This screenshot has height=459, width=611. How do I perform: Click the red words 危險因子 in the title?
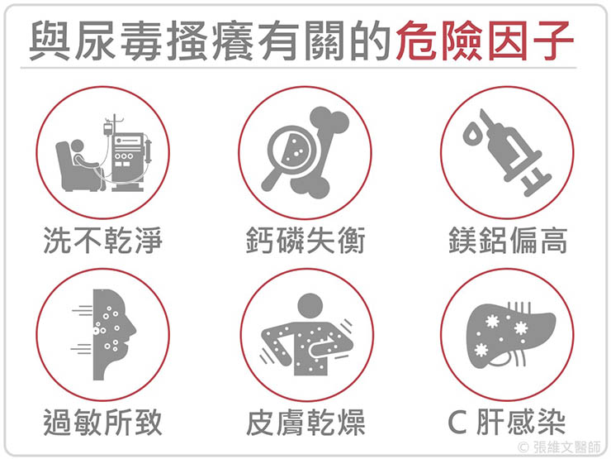click(x=485, y=41)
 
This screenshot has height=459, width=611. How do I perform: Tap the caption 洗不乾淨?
click(x=102, y=240)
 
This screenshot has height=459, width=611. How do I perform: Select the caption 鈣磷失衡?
click(x=305, y=240)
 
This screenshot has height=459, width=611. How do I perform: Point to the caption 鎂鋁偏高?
click(x=508, y=240)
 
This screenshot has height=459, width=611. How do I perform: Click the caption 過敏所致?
click(x=102, y=422)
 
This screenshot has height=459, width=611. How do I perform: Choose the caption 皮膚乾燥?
click(x=305, y=422)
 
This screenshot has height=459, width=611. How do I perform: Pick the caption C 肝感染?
click(x=507, y=422)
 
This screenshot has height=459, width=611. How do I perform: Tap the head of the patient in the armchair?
click(x=77, y=146)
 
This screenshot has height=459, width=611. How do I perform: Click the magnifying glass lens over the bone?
click(x=294, y=148)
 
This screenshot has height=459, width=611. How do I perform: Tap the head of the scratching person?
click(x=310, y=306)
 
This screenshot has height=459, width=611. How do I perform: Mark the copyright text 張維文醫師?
click(x=567, y=447)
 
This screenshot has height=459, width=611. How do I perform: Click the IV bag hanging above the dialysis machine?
click(x=107, y=128)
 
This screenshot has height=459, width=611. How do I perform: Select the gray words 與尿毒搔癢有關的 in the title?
click(x=211, y=41)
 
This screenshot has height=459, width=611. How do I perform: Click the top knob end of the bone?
click(x=329, y=118)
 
